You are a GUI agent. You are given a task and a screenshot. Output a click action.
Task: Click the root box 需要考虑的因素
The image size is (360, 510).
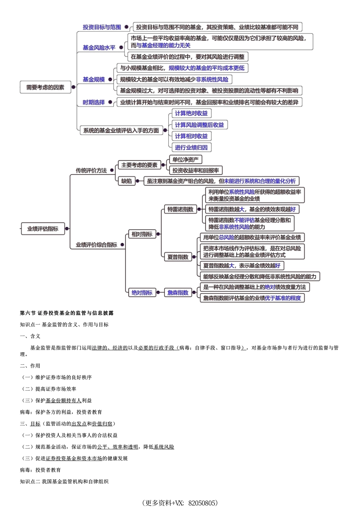45,87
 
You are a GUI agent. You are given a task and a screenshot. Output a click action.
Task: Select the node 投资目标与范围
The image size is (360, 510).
102,27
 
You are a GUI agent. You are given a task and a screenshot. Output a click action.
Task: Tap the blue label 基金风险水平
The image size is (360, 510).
99,47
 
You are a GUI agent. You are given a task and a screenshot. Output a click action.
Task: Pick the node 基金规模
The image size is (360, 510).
94,79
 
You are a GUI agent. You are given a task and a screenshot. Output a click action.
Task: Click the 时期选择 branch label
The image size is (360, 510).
94,102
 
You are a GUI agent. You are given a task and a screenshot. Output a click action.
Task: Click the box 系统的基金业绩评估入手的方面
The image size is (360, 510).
121,130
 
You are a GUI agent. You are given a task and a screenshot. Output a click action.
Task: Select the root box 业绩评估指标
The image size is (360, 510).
42,229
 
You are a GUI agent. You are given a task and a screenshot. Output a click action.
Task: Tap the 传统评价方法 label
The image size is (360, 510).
91,171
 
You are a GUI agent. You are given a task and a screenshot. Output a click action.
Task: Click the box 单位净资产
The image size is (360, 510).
185,160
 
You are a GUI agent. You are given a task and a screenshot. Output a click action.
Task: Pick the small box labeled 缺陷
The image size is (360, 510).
127,181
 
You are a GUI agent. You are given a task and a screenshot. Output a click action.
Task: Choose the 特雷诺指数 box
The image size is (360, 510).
180,209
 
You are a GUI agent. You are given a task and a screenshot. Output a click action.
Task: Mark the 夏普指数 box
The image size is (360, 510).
178,257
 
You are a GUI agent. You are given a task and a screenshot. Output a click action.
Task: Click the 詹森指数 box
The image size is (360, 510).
178,293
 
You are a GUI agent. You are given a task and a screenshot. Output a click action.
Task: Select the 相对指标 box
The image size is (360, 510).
142,234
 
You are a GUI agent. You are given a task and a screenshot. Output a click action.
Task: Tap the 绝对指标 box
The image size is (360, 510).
142,293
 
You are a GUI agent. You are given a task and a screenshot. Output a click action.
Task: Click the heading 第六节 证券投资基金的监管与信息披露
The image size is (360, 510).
67,313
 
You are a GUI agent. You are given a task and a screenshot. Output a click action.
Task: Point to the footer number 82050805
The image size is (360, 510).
203,503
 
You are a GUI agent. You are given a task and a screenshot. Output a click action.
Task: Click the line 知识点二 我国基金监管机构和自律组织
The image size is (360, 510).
64,482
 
